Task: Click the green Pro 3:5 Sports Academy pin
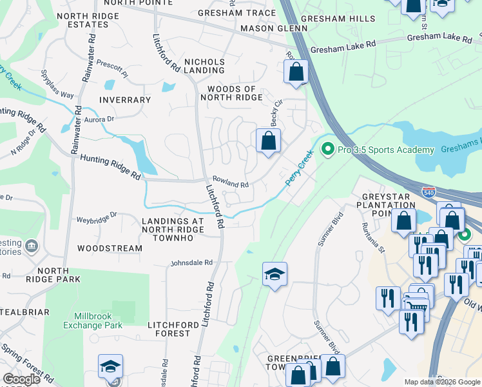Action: [328, 150]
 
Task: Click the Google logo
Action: [21, 379]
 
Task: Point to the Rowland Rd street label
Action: [230, 184]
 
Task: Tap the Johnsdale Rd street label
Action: [191, 263]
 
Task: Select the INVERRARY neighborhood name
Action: [125, 100]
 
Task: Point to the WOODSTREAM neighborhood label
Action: [110, 248]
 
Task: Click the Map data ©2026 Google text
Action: [441, 382]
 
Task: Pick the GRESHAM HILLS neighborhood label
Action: [333, 19]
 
